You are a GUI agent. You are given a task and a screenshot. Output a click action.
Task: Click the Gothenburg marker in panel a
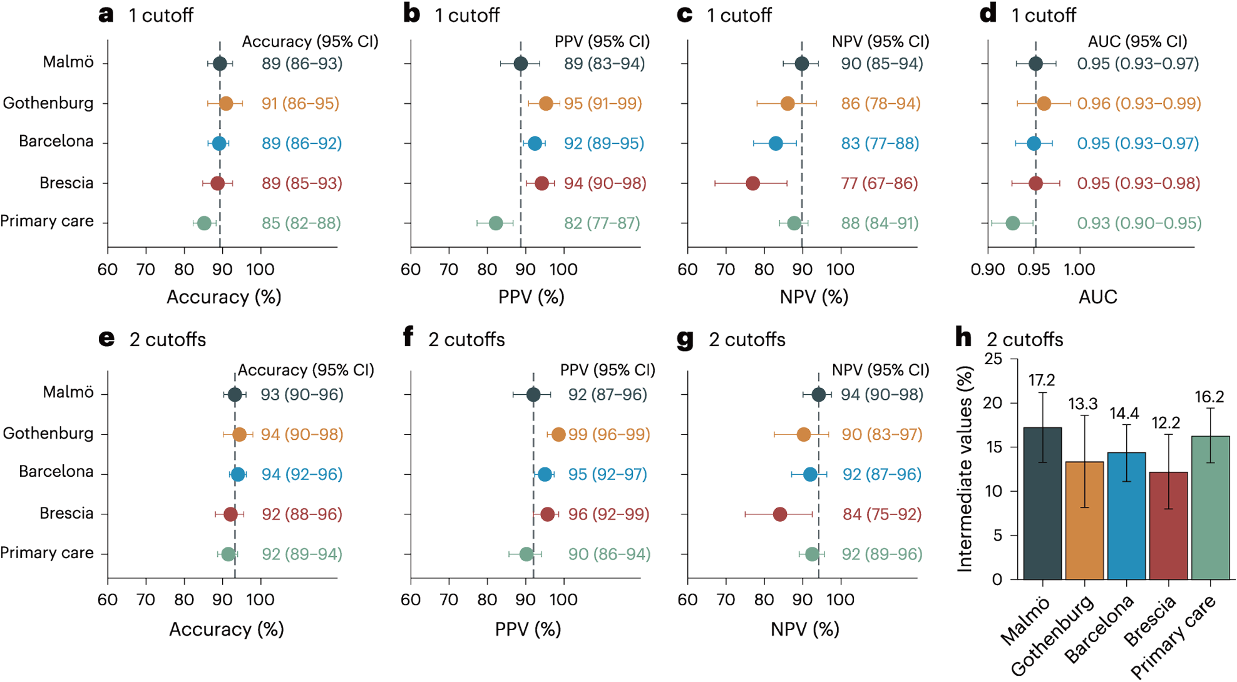pos(226,103)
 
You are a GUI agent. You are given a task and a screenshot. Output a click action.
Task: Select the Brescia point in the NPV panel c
pos(752,183)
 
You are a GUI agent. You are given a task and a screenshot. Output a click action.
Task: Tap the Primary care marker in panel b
pos(495,223)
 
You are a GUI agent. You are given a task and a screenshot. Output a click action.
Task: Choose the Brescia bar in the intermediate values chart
pos(1168,526)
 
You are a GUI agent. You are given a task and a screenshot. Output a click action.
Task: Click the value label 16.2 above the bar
pos(1209,397)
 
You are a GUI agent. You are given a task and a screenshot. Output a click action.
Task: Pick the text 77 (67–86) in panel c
pos(880,183)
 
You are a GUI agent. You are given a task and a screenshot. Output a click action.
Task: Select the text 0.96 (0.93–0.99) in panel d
pos(1139,103)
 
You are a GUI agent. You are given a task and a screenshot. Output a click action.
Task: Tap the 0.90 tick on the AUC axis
pos(988,270)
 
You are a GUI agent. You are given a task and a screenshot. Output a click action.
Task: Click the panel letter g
pos(685,340)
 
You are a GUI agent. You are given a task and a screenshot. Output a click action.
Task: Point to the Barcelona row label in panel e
pos(56,471)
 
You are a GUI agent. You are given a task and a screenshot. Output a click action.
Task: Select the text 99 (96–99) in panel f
pos(608,434)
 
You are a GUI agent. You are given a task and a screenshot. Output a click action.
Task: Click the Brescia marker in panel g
pos(779,514)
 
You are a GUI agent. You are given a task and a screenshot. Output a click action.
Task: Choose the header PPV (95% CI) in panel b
pos(602,42)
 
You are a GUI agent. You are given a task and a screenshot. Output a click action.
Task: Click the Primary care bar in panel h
pos(1210,507)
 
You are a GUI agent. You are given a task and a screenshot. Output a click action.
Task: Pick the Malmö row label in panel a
pos(68,62)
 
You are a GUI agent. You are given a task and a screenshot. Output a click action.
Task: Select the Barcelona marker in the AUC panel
pos(1034,143)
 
